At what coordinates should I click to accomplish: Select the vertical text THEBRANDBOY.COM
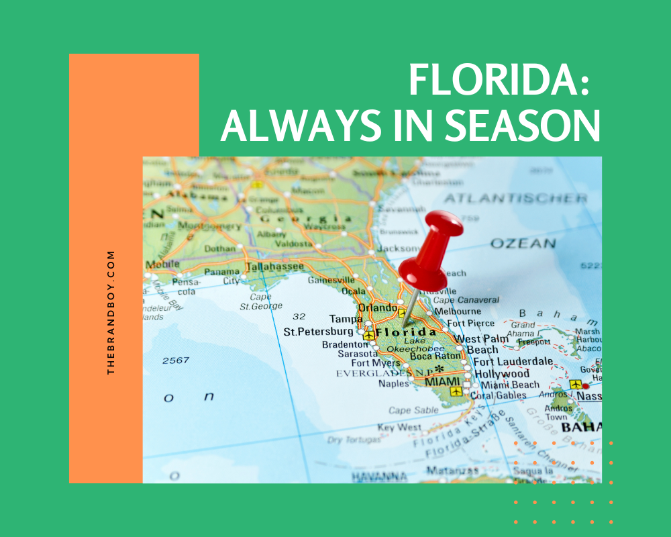[x=111, y=313]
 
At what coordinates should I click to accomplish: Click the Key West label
[x=399, y=428]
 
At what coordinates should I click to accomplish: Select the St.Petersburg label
[x=318, y=332]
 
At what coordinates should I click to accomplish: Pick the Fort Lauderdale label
[x=513, y=361]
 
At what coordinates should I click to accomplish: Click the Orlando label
[x=377, y=307]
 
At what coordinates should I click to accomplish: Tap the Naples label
[x=394, y=383]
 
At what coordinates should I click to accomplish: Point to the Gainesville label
[x=331, y=280]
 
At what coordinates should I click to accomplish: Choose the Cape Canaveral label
[x=466, y=300]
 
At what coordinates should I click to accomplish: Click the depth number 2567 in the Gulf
[x=175, y=361]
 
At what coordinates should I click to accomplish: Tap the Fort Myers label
[x=376, y=363]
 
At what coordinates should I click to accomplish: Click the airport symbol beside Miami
[x=456, y=391]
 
